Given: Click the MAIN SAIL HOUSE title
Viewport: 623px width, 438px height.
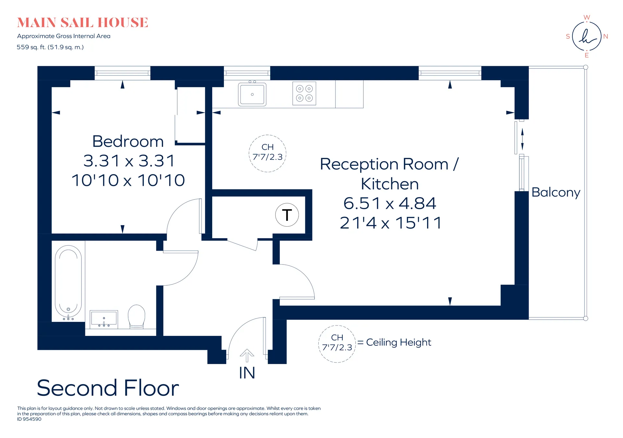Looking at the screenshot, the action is (x=83, y=23).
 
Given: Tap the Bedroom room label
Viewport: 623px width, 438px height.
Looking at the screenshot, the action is (x=128, y=141).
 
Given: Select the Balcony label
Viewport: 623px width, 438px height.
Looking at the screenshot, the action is (x=556, y=193).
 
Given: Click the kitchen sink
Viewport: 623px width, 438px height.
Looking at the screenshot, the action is (x=252, y=94).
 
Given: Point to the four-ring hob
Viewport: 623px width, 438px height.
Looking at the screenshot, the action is (x=304, y=93).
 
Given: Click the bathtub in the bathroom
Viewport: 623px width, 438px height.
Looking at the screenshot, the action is (x=68, y=281).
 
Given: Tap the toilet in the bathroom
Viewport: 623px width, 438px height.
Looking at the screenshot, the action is (x=137, y=316).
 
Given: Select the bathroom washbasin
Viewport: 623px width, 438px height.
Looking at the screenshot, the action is (x=104, y=319).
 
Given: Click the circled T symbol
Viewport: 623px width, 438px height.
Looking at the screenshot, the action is (x=287, y=215).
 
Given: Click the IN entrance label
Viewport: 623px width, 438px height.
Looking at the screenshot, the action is (x=247, y=373).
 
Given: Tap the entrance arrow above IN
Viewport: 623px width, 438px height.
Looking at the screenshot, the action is (x=247, y=355).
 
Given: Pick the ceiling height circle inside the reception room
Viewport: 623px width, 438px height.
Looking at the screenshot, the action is (x=267, y=153).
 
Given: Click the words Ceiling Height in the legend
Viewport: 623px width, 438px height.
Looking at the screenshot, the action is (x=398, y=342).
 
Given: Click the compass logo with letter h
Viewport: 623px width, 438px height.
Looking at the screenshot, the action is (x=587, y=36).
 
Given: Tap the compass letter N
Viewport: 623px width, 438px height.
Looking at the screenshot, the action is (x=605, y=36).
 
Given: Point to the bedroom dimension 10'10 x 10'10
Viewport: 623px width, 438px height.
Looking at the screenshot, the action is (x=128, y=180).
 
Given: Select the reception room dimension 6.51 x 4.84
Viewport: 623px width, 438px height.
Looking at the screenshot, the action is (x=390, y=203).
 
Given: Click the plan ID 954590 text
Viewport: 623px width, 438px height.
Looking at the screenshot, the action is (x=29, y=419).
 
